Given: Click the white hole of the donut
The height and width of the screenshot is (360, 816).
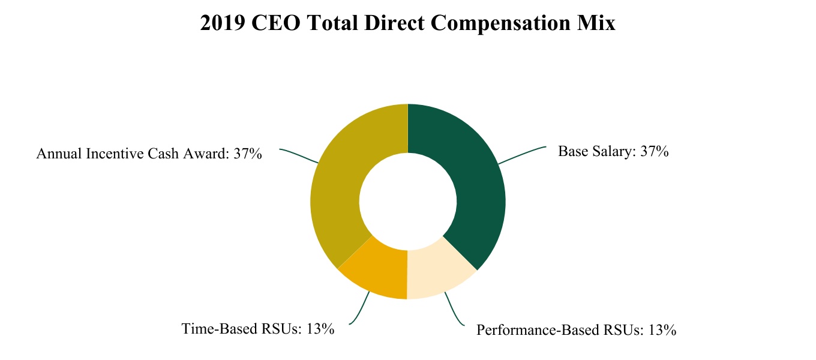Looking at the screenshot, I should pos(408,201).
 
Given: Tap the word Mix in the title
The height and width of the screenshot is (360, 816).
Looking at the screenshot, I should pos(597,23).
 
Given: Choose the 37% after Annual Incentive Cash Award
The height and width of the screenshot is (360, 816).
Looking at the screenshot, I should pos(248,154).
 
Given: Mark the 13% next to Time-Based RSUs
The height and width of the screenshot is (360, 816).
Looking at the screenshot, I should pos(320,329).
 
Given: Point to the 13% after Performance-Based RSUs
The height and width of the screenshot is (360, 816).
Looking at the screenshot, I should pos(662,330).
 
